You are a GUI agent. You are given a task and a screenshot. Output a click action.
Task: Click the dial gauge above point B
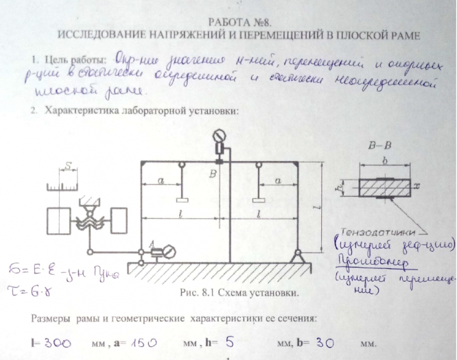tap(220, 134)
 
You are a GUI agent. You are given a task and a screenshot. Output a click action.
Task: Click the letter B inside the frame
tap(213, 175)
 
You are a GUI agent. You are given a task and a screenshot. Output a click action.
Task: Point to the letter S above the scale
tap(69, 165)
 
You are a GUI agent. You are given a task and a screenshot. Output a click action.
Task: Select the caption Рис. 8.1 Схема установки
tap(227, 293)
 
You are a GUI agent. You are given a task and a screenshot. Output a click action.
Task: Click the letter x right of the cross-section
tap(416, 185)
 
